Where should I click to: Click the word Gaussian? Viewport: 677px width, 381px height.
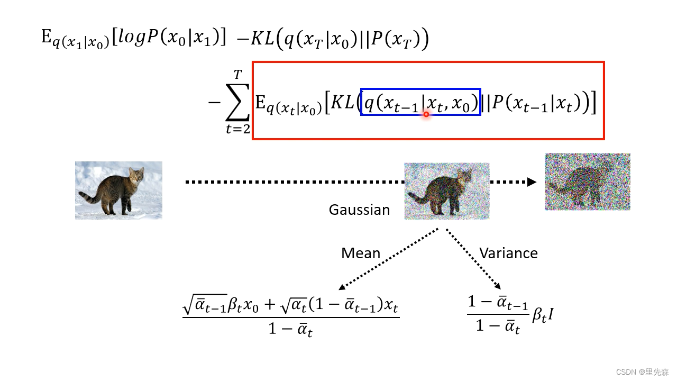coord(359,210)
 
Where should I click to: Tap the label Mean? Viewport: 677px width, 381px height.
coord(361,253)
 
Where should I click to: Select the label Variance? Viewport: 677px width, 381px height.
coord(508,253)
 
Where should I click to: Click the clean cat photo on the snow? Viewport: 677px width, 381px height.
coord(118,190)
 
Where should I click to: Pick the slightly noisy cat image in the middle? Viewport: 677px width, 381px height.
coord(447,191)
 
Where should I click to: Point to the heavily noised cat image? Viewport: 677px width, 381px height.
coord(588,182)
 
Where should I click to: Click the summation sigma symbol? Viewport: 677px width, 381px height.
coord(236,103)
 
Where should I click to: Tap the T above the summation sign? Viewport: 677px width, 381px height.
coord(237,77)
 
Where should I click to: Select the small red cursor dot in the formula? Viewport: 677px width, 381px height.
coord(426,114)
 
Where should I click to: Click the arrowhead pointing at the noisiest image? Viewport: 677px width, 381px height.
coord(532,182)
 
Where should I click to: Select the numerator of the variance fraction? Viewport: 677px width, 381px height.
coord(498,303)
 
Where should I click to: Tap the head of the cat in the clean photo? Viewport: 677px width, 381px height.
coord(136,174)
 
